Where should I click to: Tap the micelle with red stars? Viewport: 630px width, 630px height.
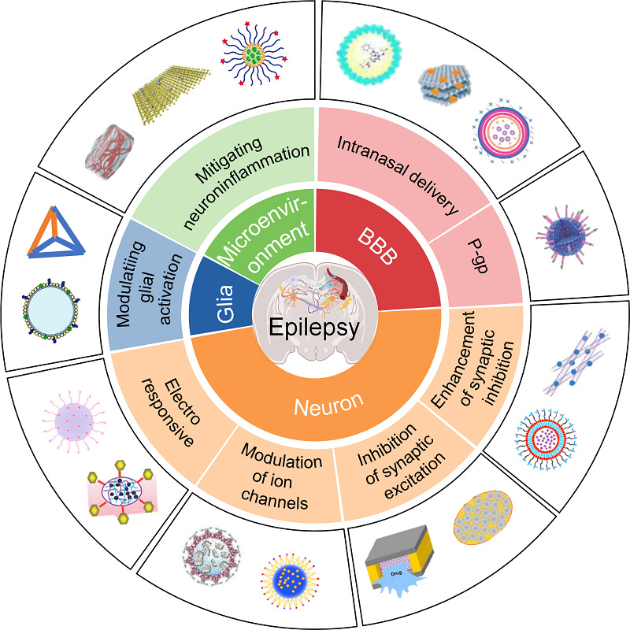[x=253, y=54]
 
